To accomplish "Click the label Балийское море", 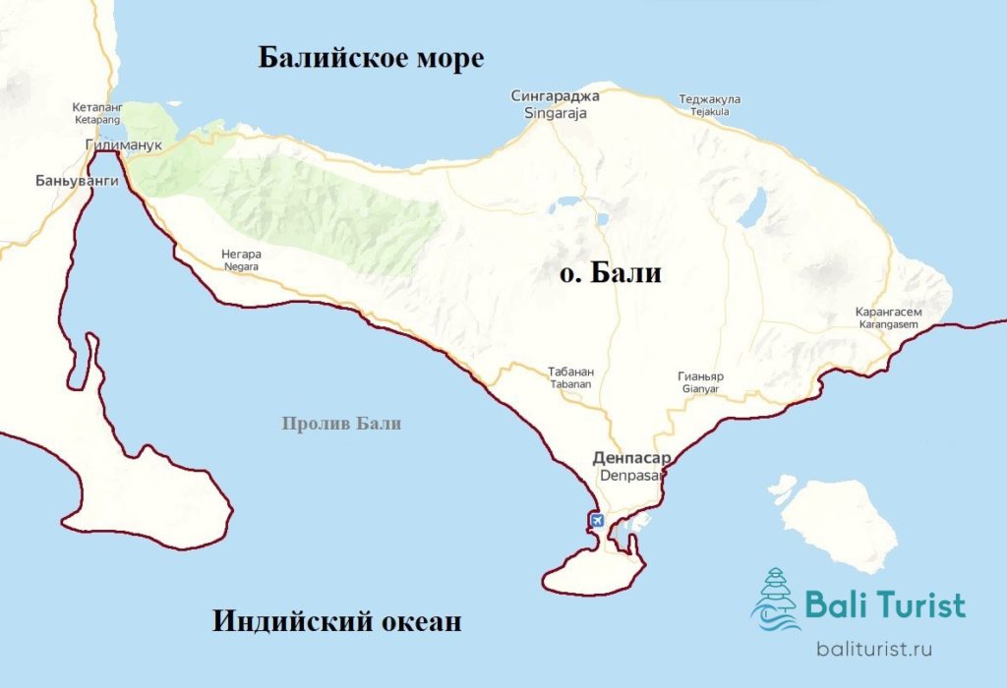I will (371, 58).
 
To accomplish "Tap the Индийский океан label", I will (336, 622).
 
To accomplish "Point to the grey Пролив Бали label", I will (341, 424).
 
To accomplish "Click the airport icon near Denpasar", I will (596, 520).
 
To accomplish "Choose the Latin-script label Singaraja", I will (554, 113).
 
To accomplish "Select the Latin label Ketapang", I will (96, 119).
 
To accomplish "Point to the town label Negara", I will (241, 266).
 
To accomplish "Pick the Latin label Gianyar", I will (700, 389).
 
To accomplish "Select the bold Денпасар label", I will (632, 458).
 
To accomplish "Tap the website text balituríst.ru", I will (874, 649).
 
